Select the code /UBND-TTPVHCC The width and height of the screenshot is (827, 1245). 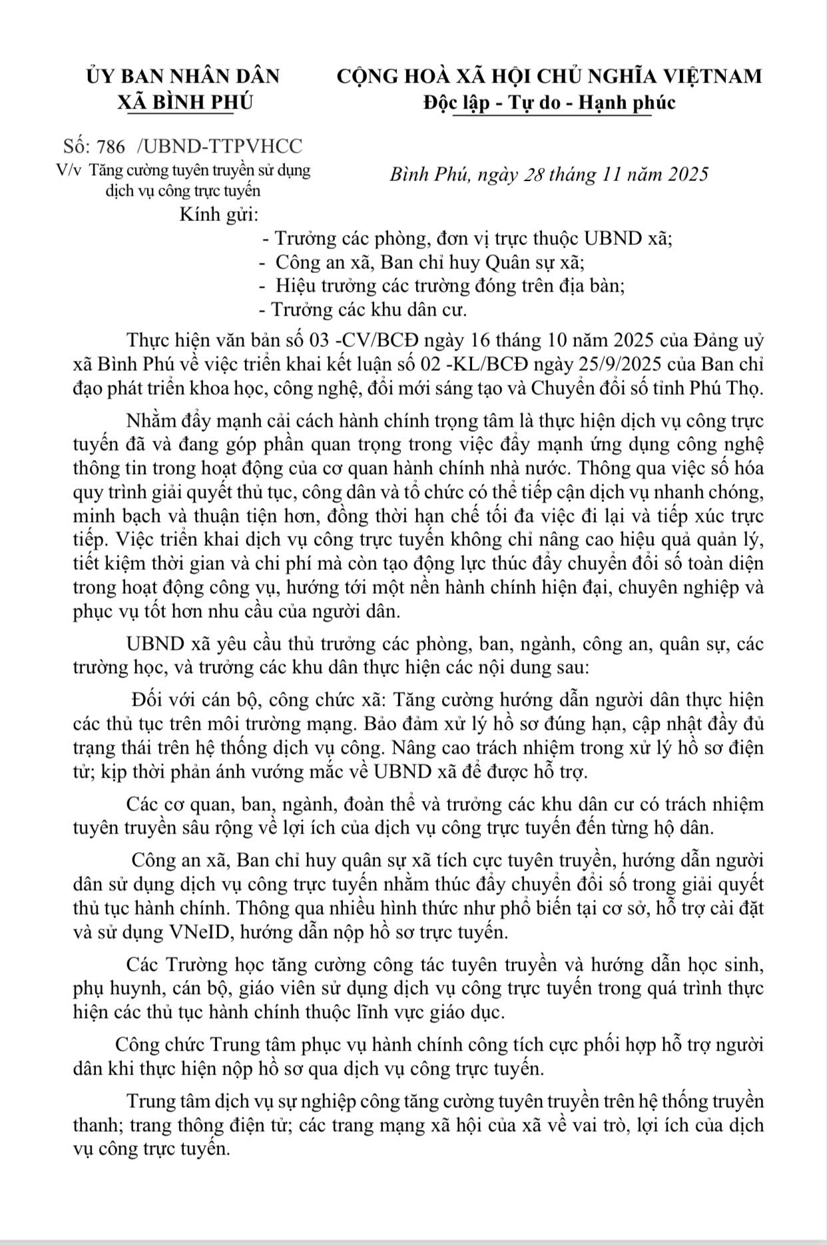coord(218,146)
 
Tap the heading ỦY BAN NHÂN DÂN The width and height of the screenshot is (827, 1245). coord(183,76)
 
